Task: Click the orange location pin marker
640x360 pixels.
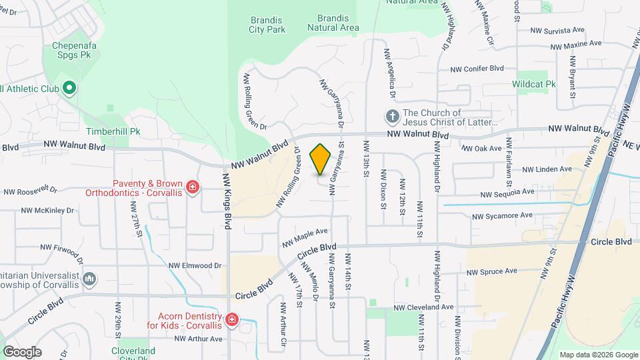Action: point(321,159)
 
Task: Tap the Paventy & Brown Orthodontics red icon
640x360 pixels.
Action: point(193,187)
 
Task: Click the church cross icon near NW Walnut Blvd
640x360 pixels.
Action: point(392,117)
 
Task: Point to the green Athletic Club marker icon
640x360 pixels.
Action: point(69,88)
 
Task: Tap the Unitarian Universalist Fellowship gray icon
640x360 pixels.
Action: point(90,278)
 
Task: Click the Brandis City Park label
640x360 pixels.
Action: point(267,25)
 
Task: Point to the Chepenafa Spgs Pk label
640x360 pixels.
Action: point(75,51)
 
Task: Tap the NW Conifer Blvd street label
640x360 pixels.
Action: point(477,69)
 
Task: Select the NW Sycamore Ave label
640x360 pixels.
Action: point(502,216)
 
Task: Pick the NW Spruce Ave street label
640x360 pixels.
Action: point(492,272)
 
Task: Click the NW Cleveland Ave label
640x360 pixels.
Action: point(423,308)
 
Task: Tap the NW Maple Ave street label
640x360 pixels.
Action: point(305,237)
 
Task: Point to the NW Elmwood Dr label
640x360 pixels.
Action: point(195,265)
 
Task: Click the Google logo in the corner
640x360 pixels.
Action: point(22,351)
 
